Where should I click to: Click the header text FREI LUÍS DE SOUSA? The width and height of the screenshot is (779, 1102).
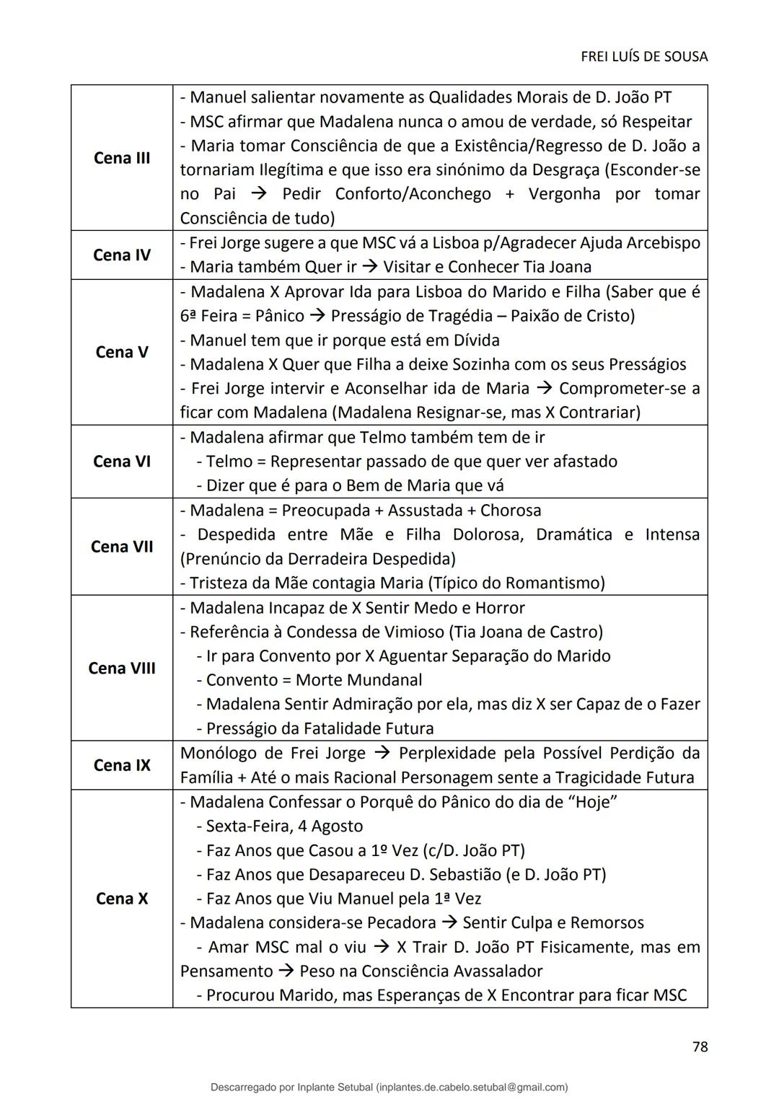click(x=643, y=56)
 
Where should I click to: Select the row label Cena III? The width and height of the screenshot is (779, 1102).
click(x=122, y=158)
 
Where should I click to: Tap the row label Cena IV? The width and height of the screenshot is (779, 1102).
click(x=122, y=255)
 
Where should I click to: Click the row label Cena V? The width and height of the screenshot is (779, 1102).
click(x=122, y=352)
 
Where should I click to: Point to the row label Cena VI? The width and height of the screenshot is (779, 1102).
click(x=122, y=461)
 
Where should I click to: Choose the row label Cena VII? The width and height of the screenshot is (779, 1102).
click(x=122, y=547)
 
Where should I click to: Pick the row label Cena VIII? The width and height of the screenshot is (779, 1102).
click(x=122, y=668)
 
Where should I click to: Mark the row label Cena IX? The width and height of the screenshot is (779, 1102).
click(x=122, y=765)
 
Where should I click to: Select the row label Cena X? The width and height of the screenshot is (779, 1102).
click(x=122, y=899)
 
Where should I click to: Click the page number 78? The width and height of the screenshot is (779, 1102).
click(x=700, y=1046)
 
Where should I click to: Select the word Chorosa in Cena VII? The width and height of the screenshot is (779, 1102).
click(x=511, y=511)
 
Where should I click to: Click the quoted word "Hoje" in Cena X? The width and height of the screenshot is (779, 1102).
click(x=591, y=802)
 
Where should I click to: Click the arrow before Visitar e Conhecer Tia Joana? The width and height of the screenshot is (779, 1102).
click(x=369, y=267)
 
